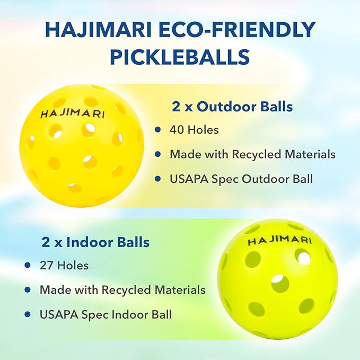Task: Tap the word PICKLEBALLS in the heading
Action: coord(180,56)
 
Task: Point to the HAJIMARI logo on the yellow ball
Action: coord(73,113)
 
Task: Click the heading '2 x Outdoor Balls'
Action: coord(232,107)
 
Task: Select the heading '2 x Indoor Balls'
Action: coord(95,242)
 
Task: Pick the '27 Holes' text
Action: coord(63,265)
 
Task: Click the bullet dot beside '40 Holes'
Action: coord(157,129)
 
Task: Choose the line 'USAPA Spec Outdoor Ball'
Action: coord(241,179)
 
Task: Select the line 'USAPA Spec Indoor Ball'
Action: coord(106,314)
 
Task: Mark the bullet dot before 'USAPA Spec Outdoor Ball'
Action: coord(157,179)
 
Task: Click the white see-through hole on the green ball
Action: coord(303,258)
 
